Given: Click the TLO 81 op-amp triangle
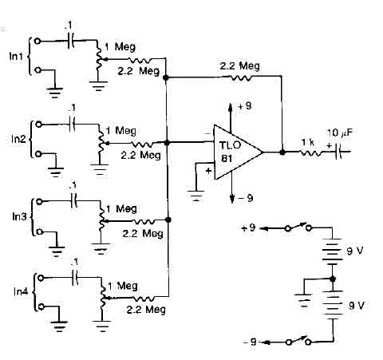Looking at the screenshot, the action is [237, 152].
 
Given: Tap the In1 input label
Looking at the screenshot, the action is [16, 57].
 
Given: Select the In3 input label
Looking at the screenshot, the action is [19, 216].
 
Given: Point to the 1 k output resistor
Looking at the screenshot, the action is [311, 153].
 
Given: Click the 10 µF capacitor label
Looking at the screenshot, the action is [340, 133].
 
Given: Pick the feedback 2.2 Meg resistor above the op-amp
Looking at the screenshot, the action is [239, 77].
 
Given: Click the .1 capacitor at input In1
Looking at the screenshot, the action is [71, 42].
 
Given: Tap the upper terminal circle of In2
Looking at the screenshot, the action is [39, 125].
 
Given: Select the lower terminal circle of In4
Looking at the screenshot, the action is [41, 307].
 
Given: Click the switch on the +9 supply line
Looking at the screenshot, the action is [298, 227].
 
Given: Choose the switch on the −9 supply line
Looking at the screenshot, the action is [298, 341].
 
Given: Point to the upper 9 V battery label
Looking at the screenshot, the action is [355, 251].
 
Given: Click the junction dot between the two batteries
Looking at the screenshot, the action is [332, 279].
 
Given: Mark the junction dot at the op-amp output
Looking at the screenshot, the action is [282, 152].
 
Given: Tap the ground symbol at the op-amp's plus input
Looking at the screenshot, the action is [196, 196].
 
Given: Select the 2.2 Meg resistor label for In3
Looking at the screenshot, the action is [143, 233].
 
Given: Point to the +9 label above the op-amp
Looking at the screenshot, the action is [245, 106].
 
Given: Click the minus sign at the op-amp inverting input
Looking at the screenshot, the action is [208, 133].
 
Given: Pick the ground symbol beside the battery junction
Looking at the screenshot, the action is [303, 300].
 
